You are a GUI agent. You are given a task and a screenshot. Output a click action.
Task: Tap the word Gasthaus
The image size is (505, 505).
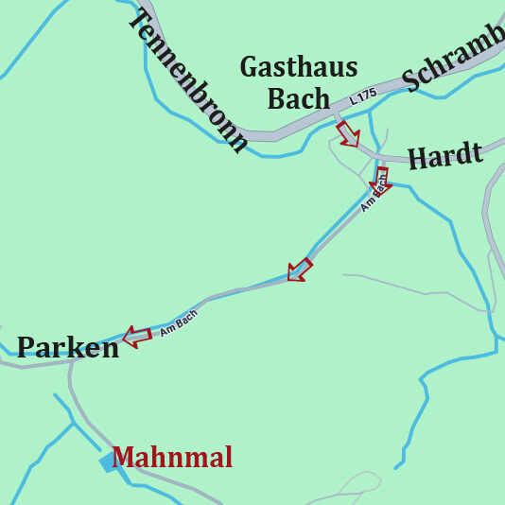pos(298,67)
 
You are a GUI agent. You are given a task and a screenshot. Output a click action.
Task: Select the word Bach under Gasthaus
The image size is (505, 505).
pos(299,97)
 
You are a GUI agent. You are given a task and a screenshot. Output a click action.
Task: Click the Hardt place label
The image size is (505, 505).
pos(444,154)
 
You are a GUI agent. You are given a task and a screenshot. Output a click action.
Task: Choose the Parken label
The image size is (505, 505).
pos(68,347)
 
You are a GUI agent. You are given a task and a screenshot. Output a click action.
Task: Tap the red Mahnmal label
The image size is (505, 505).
pos(172,458)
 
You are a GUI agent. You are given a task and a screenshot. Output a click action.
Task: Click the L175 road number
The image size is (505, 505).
pos(361,96)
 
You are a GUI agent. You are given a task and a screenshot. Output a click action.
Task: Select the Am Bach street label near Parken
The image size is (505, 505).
pos(178,323)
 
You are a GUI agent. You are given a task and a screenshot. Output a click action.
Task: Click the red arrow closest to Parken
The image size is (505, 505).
pos(136,335)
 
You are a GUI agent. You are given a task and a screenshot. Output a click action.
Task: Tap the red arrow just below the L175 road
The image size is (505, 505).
pos(348,133)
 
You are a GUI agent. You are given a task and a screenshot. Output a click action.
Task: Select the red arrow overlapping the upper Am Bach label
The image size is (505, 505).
pos(382,179)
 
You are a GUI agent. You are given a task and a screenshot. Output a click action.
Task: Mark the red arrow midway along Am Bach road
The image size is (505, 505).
pos(300,270)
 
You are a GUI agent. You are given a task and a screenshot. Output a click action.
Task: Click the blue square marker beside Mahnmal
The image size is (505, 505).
pos(108,461)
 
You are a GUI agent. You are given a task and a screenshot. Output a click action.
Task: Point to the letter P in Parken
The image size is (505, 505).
pos(26,347)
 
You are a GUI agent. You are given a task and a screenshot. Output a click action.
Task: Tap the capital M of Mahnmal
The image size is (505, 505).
pos(124,458)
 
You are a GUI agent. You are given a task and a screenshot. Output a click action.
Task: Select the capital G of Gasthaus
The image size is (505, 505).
pos(251,67)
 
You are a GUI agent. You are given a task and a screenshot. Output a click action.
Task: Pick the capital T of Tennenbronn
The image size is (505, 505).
pos(140,21)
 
